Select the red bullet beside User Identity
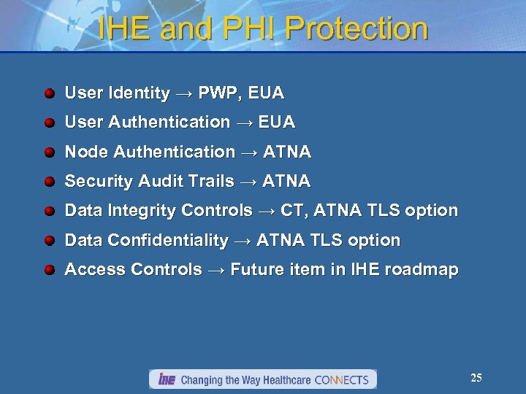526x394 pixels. tap(49, 93)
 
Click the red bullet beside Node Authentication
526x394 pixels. tap(49, 152)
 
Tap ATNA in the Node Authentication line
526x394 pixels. tap(287, 152)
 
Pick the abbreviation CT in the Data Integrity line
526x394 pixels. tap(291, 211)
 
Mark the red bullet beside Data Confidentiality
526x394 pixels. tap(49, 241)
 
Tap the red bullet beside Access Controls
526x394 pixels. tap(49, 270)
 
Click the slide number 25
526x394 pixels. tap(476, 378)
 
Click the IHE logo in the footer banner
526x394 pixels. tap(166, 379)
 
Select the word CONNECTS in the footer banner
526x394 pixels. tap(341, 379)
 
